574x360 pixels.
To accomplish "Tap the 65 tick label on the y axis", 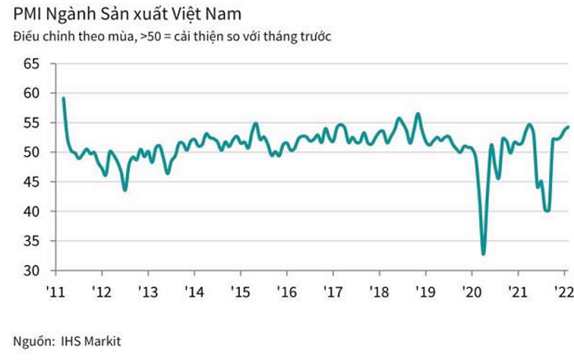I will click(29, 64).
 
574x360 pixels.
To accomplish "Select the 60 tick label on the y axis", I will click(29, 93).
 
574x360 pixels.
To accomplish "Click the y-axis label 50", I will click(29, 152).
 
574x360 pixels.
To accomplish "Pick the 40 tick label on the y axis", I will click(29, 212).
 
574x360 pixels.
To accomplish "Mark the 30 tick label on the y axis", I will click(29, 271).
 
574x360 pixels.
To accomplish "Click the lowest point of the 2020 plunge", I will click(483, 253).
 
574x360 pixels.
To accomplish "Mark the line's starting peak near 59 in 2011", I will click(64, 98).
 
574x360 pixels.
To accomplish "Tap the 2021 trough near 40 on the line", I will click(547, 210).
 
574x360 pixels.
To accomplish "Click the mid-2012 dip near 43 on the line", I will click(125, 190).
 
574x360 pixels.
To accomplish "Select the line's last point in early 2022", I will click(569, 127).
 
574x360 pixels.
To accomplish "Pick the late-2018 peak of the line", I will click(418, 114).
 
